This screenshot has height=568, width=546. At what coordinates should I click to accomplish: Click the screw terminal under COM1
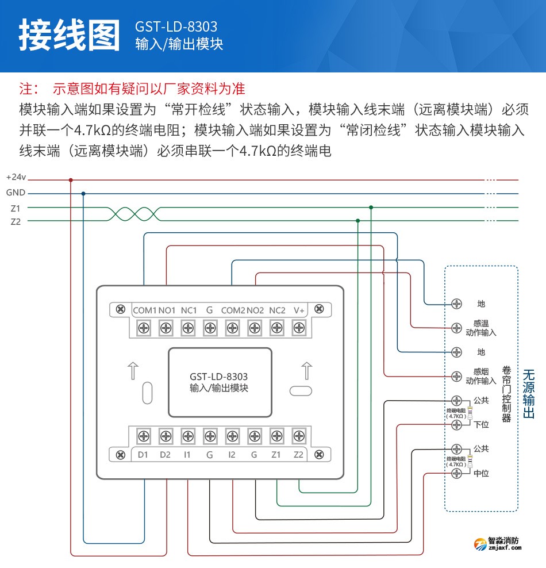coord(144,328)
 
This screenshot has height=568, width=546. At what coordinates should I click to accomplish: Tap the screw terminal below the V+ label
coord(299,328)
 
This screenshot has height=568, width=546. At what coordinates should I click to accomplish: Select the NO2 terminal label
coord(255,310)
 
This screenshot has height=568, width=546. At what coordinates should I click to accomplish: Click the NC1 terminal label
coord(189,310)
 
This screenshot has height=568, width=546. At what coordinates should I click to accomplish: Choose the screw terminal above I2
coord(232,435)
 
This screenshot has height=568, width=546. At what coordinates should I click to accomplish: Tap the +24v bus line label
coord(16,179)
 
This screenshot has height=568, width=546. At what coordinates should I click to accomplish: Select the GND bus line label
coord(16,193)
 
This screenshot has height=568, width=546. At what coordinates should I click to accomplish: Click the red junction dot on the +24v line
coord(71,179)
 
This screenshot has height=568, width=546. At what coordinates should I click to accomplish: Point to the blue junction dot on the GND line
coord(83,194)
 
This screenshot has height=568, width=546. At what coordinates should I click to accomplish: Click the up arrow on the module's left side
coord(132,371)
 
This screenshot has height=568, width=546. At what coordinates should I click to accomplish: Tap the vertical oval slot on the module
coord(147,392)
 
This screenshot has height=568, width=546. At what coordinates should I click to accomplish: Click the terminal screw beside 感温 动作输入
coord(457,328)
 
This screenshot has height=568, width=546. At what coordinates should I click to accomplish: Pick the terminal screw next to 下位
coord(457,424)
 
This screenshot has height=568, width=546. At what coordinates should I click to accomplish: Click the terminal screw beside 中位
coord(457,473)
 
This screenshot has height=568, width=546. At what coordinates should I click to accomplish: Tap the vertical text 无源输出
coord(529,394)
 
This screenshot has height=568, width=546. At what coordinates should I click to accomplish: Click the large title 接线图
coord(69,36)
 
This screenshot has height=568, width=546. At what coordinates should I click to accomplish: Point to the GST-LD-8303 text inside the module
coord(218,377)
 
